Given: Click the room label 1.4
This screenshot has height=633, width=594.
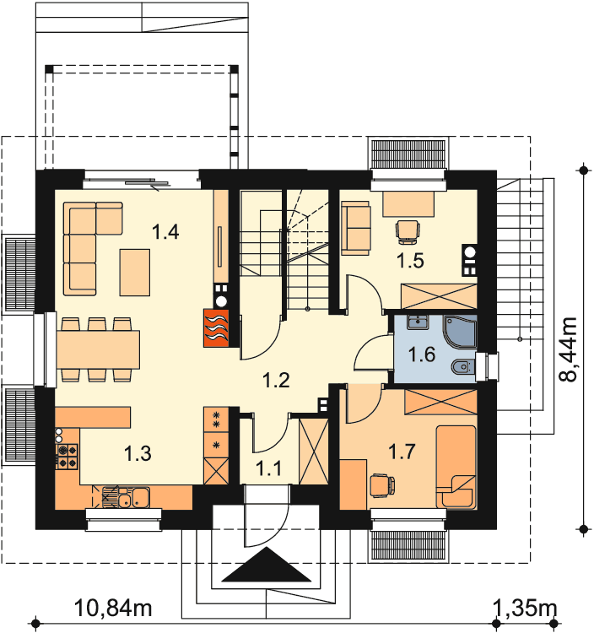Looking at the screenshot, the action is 165,232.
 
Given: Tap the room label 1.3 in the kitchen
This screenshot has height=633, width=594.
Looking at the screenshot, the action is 138,453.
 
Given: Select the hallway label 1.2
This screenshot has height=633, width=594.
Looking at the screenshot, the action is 276,381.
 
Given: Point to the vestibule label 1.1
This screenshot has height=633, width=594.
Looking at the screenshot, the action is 269,468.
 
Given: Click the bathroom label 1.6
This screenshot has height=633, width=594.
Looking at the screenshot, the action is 422,354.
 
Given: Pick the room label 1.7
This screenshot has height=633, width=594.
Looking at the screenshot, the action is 402,451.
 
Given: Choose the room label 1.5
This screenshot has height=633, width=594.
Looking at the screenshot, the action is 410,261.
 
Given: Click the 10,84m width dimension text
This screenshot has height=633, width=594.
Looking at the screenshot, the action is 113,608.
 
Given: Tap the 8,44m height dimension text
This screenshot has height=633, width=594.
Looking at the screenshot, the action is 569,349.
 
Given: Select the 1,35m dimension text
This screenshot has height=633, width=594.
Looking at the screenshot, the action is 525,608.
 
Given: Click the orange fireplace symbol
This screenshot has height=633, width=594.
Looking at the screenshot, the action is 216,327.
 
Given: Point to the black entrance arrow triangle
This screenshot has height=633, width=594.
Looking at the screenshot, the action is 267,565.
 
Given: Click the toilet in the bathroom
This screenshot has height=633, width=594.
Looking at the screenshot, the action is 463,367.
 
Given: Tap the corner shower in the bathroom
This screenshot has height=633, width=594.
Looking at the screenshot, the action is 460,332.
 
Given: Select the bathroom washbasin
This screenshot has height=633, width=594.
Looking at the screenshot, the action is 418,322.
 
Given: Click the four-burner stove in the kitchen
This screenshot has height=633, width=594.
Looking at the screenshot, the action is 67,456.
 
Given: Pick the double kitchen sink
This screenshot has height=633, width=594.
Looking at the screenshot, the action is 126,497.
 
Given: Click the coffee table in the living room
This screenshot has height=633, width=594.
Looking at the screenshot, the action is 135,272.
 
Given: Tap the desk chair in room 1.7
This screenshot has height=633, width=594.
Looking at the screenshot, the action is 381,484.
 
